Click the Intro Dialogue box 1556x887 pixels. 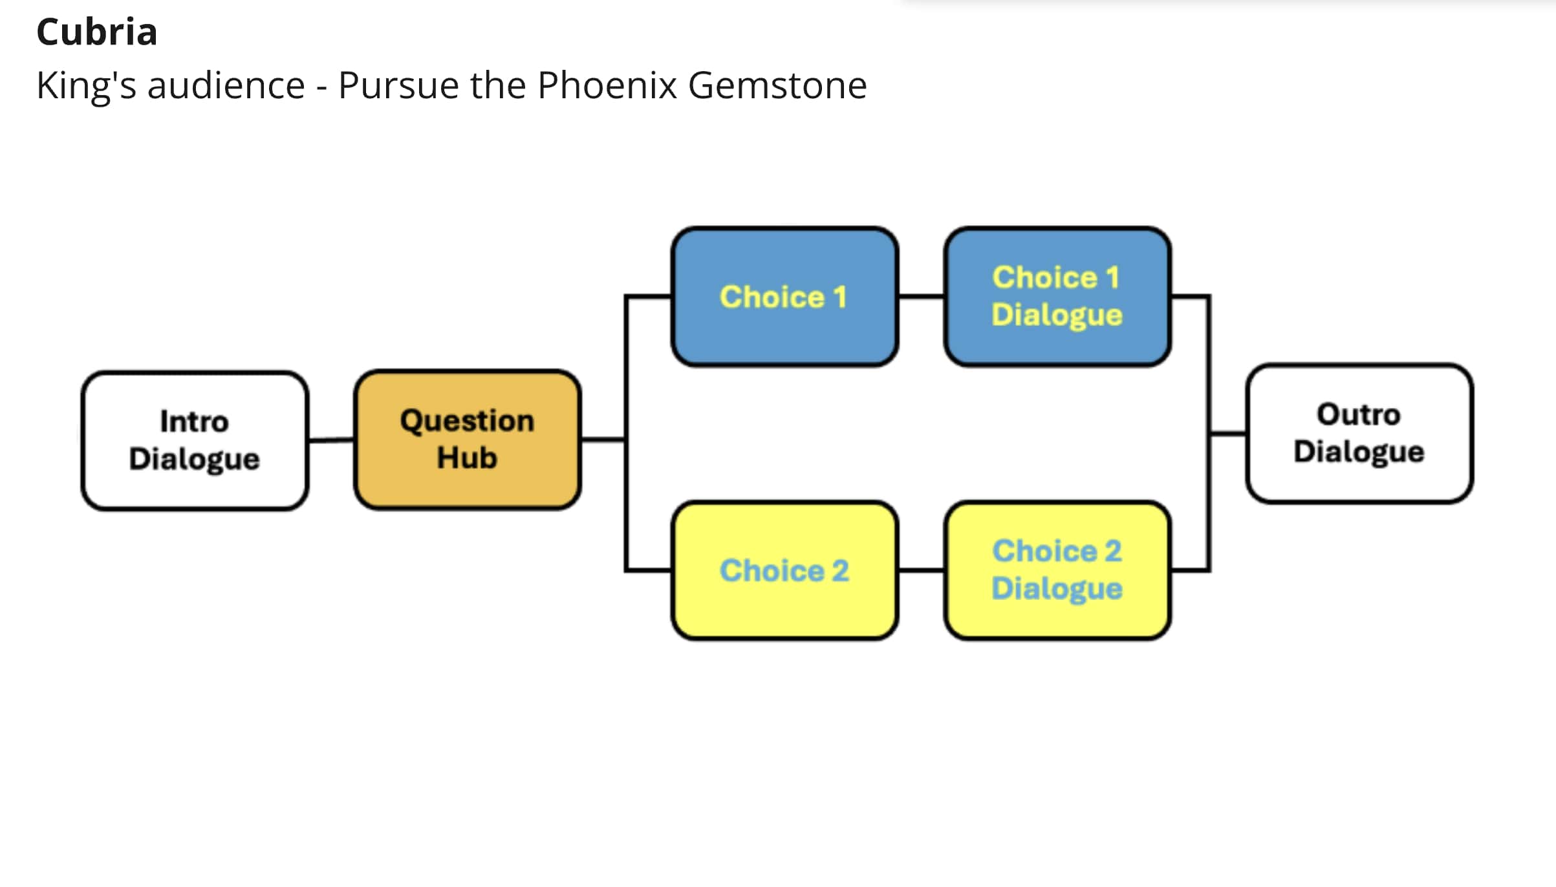pyautogui.click(x=195, y=441)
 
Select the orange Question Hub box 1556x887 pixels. pyautogui.click(x=467, y=440)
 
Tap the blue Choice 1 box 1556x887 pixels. pyautogui.click(x=784, y=297)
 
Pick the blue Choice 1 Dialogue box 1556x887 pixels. pyautogui.click(x=1057, y=297)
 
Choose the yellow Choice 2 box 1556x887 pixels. pyautogui.click(x=784, y=571)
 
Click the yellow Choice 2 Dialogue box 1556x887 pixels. pyautogui.click(x=1057, y=571)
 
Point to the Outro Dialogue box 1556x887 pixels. pyautogui.click(x=1359, y=433)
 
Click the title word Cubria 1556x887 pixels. pyautogui.click(x=97, y=32)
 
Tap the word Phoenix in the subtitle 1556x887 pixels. pyautogui.click(x=607, y=85)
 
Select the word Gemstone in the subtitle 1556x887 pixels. pyautogui.click(x=777, y=85)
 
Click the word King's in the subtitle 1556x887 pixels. pyautogui.click(x=86, y=85)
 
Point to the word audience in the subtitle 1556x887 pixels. pyautogui.click(x=226, y=85)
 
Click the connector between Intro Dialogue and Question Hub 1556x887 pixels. pyautogui.click(x=331, y=440)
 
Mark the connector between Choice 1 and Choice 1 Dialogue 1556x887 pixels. pyautogui.click(x=921, y=297)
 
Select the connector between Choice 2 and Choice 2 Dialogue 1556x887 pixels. pyautogui.click(x=921, y=571)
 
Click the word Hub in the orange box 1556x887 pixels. pyautogui.click(x=467, y=458)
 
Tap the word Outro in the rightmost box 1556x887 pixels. pyautogui.click(x=1359, y=414)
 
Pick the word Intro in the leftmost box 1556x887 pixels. pyautogui.click(x=194, y=422)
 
